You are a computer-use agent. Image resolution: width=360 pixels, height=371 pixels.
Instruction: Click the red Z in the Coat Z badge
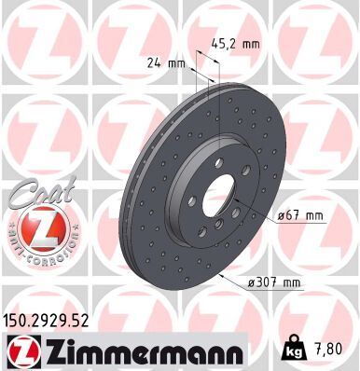click(x=36, y=225)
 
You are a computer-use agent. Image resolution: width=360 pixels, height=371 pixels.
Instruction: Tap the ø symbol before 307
click(x=253, y=282)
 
